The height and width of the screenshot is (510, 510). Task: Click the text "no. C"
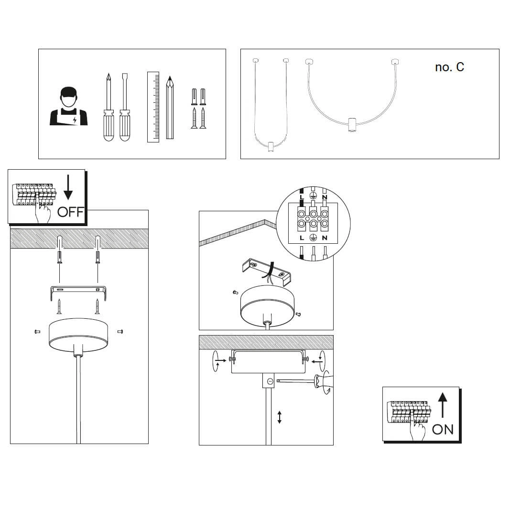(449, 67)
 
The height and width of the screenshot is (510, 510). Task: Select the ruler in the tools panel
(153, 107)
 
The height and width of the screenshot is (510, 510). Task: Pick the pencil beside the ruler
(170, 108)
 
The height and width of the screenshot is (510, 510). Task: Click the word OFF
(70, 212)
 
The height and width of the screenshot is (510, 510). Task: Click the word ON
(443, 429)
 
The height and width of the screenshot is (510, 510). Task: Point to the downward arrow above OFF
(68, 188)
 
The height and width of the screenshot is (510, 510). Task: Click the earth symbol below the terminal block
(313, 238)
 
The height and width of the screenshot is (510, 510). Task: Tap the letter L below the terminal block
(302, 238)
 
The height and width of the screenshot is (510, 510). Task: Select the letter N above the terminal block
(325, 197)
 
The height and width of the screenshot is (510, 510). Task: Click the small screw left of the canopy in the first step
(37, 331)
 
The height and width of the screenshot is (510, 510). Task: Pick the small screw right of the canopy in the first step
(119, 331)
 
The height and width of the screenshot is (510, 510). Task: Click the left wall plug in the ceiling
(59, 249)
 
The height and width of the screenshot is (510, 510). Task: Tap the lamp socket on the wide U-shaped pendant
(352, 124)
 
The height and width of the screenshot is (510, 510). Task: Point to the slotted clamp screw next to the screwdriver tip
(270, 381)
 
